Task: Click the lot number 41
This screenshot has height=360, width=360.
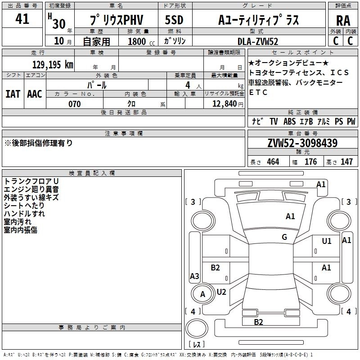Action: [22, 19]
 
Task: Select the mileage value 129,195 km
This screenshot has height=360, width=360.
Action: [53, 65]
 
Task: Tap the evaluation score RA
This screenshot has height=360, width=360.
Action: [343, 21]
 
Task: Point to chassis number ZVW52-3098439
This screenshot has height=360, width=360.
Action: [302, 144]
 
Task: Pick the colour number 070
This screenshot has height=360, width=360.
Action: [74, 104]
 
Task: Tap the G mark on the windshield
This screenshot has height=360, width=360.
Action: [284, 237]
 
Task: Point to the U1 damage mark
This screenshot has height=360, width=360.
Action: [327, 241]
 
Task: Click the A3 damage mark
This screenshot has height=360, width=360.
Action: [194, 276]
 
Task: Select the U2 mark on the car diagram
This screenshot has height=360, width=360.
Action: [221, 292]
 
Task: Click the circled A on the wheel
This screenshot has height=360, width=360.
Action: [202, 294]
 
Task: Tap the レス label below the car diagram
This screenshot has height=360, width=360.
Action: [197, 345]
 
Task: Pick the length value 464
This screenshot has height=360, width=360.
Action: [273, 162]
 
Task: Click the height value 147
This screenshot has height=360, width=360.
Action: [346, 162]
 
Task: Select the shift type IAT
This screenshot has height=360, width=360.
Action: [13, 94]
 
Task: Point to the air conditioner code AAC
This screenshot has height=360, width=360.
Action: [35, 94]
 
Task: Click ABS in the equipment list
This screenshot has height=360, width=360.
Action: [289, 121]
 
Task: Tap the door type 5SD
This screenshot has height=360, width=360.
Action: [174, 21]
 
